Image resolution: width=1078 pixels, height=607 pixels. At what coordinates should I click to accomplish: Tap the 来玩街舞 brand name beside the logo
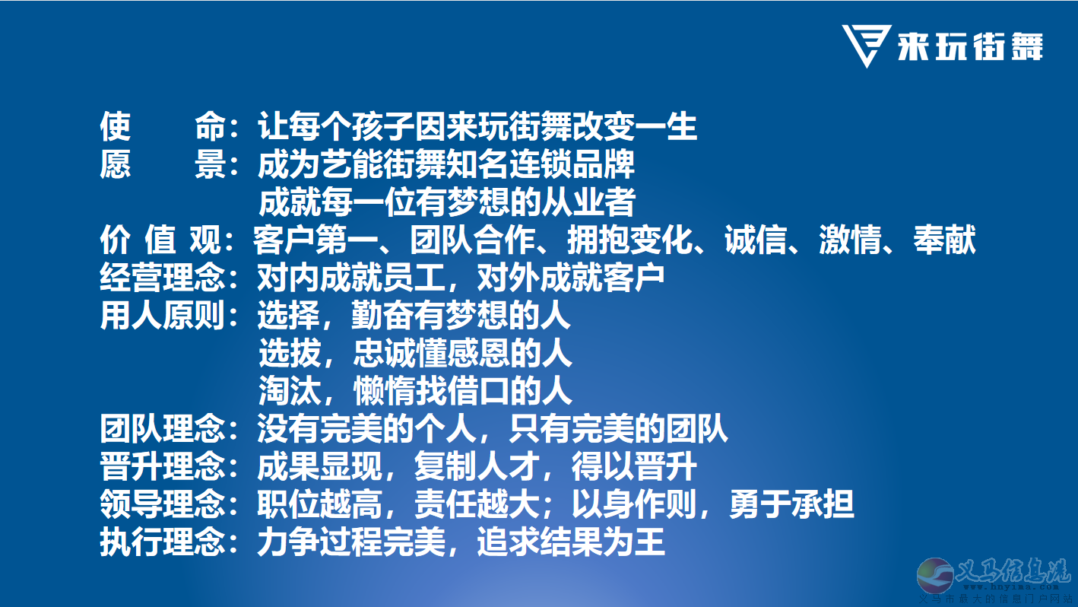click(x=970, y=46)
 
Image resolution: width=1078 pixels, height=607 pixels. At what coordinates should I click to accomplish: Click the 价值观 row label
click(x=160, y=240)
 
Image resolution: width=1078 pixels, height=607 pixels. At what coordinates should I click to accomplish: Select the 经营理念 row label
click(x=162, y=278)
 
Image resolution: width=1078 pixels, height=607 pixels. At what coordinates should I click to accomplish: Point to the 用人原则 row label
click(x=162, y=316)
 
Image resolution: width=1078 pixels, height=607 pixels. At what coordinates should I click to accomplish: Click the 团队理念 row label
click(x=162, y=429)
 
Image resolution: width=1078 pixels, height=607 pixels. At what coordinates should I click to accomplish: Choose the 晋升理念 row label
click(x=162, y=466)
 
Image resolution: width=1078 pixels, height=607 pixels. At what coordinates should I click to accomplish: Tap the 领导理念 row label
click(x=162, y=504)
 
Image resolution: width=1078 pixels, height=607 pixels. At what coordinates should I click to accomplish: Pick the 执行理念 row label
click(x=162, y=542)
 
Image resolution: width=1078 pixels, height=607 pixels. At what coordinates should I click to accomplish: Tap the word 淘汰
click(x=290, y=391)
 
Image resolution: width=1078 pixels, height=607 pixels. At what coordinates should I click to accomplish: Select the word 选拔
click(x=290, y=353)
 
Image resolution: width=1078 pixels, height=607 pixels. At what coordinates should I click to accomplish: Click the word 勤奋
click(x=382, y=316)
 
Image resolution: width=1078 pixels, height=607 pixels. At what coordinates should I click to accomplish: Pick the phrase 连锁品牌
click(x=572, y=164)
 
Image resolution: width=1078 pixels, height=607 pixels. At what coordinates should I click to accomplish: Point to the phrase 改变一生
click(x=635, y=126)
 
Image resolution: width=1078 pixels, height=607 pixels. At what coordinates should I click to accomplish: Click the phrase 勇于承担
click(x=791, y=504)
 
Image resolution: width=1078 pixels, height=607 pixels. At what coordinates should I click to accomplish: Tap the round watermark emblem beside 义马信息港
click(x=935, y=575)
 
